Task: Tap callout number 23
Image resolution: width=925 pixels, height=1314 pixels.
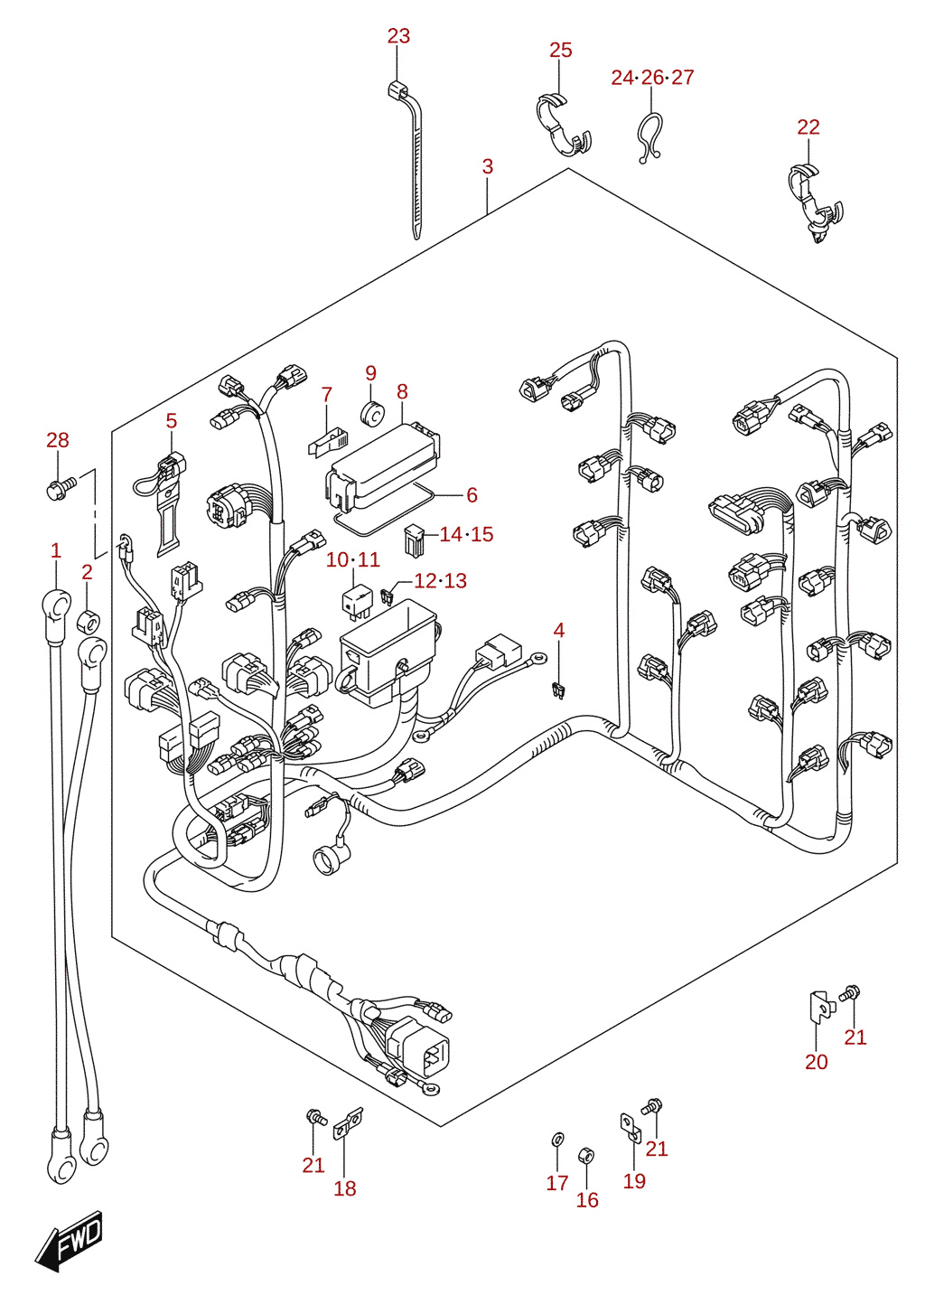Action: point(398,36)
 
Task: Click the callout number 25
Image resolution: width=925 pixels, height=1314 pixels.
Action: point(560,51)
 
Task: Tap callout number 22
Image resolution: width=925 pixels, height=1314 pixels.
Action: point(808,127)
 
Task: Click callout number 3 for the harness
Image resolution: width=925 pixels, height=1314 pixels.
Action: point(488,166)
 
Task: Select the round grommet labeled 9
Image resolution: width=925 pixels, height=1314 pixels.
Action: point(371,412)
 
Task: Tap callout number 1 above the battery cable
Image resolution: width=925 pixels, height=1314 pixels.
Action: point(56,551)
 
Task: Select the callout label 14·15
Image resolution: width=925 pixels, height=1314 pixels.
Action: point(466,534)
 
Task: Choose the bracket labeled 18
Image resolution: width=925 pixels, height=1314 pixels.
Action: point(348,1123)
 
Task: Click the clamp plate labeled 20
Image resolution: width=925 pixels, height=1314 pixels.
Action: point(819,1008)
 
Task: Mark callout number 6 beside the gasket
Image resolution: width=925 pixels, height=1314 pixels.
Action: point(472,495)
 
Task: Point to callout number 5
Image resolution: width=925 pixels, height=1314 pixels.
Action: point(171,420)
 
